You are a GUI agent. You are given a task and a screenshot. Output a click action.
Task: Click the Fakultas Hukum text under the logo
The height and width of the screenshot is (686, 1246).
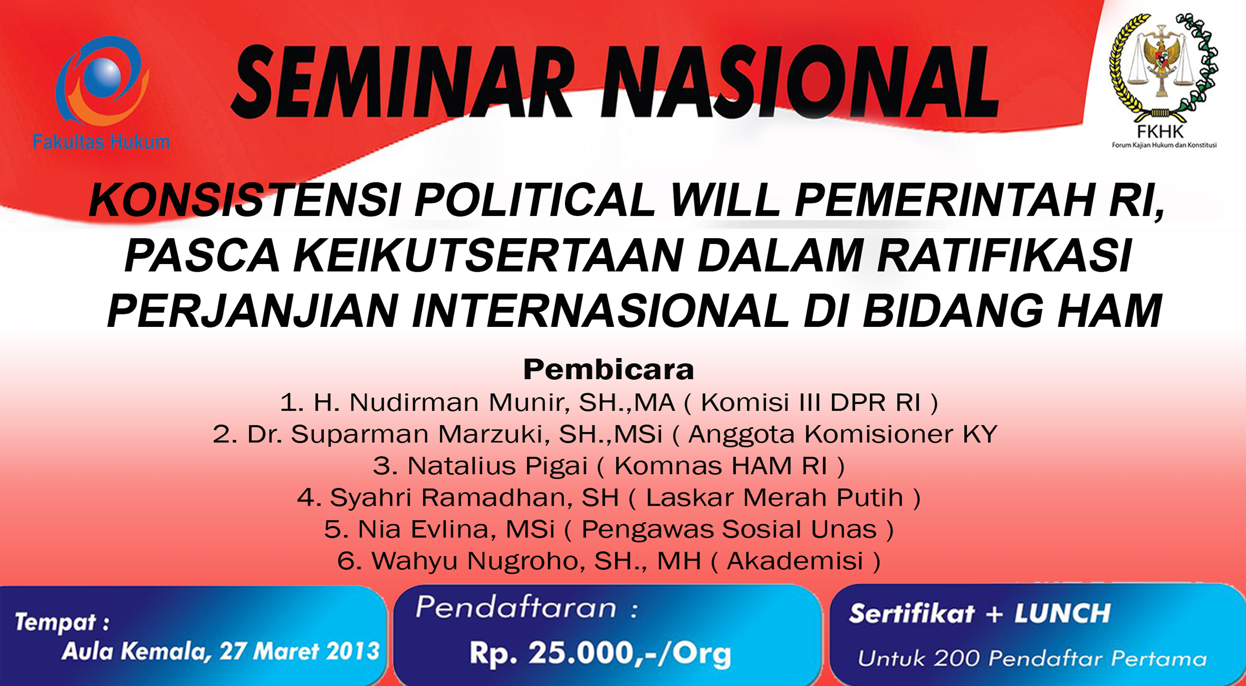pyautogui.click(x=102, y=142)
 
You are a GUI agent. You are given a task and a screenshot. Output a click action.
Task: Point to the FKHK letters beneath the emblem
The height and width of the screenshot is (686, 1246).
pyautogui.click(x=1160, y=131)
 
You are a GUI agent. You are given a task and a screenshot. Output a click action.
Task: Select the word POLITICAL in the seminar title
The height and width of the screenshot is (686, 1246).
pyautogui.click(x=535, y=200)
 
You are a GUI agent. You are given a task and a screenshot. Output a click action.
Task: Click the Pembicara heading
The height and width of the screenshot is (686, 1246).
pyautogui.click(x=609, y=370)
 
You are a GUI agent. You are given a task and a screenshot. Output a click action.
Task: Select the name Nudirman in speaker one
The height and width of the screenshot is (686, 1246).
pyautogui.click(x=414, y=402)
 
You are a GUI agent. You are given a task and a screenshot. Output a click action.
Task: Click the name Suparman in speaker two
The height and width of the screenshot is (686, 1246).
pyautogui.click(x=359, y=434)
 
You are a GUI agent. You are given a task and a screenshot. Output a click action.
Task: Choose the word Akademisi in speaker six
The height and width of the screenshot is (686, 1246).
pyautogui.click(x=795, y=561)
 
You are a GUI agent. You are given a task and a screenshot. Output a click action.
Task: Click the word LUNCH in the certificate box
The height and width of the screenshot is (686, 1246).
pyautogui.click(x=1062, y=614)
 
